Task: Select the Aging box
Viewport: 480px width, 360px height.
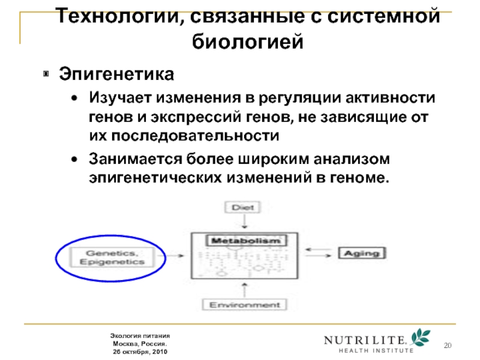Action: click(x=361, y=253)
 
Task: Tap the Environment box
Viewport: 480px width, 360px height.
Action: click(x=245, y=305)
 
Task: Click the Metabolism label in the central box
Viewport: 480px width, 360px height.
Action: click(x=244, y=241)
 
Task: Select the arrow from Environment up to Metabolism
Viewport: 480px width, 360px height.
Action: click(x=245, y=289)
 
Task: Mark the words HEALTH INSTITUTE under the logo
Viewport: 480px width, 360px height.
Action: click(x=376, y=350)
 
